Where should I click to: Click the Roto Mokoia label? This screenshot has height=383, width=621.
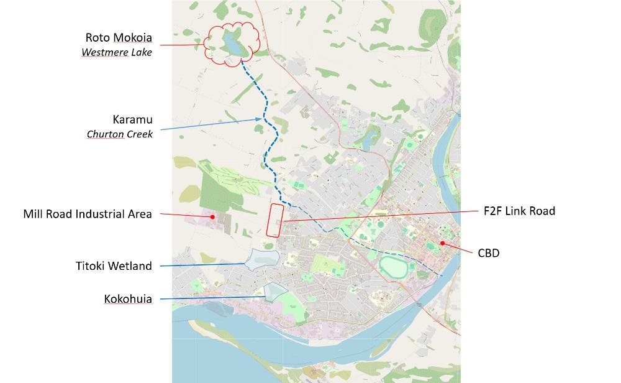[118, 38]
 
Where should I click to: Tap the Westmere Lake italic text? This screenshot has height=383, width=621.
[117, 52]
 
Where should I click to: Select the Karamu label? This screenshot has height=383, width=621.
[132, 119]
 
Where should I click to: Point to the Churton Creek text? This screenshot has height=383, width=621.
[120, 134]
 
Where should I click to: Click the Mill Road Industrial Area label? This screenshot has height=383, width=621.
[88, 214]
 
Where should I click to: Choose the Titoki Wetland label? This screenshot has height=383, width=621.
[114, 266]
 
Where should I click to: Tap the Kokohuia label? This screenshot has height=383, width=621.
[127, 299]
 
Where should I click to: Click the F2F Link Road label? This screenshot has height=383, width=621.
[519, 211]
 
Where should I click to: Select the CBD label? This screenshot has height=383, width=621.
[489, 253]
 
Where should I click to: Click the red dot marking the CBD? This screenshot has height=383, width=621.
[442, 243]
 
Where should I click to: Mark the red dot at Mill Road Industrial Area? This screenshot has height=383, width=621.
[212, 217]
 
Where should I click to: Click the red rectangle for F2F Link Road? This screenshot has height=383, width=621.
[275, 220]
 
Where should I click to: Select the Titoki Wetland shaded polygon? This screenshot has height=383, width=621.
[261, 258]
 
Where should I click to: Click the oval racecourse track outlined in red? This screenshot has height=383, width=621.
[396, 268]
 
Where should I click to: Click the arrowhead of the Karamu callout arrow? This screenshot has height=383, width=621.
[261, 118]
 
